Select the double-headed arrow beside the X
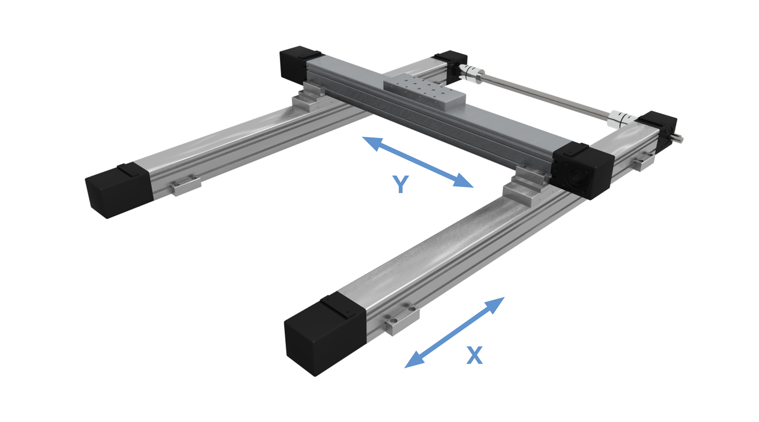[454, 332]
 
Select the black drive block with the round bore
[581, 172]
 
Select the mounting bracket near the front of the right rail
[402, 322]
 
